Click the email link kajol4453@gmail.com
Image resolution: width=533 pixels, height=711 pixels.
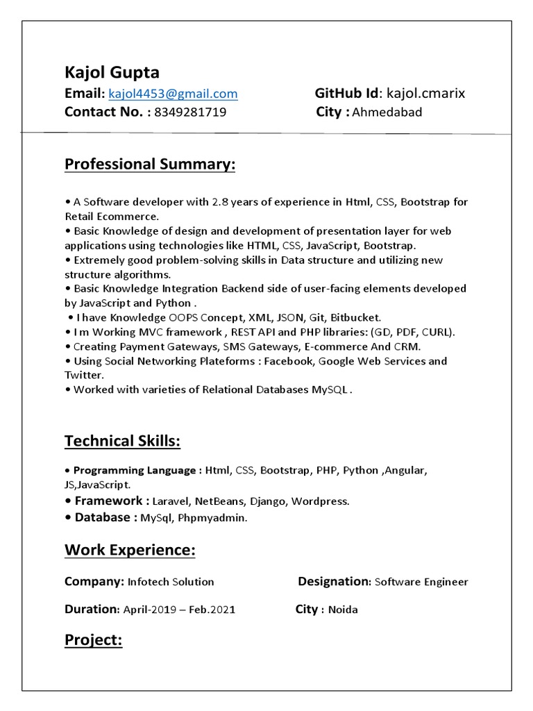pyautogui.click(x=173, y=94)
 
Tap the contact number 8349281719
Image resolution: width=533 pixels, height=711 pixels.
pyautogui.click(x=190, y=112)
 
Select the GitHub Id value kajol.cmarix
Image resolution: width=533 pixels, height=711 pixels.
pyautogui.click(x=425, y=94)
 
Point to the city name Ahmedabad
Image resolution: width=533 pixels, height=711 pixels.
pyautogui.click(x=387, y=112)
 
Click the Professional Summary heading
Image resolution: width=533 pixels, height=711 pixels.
pyautogui.click(x=150, y=165)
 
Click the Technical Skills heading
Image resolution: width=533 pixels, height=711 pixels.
pyautogui.click(x=122, y=441)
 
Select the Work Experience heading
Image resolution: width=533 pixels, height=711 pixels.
pyautogui.click(x=130, y=551)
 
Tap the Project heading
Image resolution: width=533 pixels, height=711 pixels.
pyautogui.click(x=93, y=639)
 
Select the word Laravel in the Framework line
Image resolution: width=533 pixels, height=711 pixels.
pyautogui.click(x=170, y=501)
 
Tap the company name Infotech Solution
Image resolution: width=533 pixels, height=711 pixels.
pyautogui.click(x=171, y=582)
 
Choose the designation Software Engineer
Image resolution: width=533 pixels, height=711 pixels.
pyautogui.click(x=421, y=582)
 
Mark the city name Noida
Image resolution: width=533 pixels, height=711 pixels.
pyautogui.click(x=343, y=610)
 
